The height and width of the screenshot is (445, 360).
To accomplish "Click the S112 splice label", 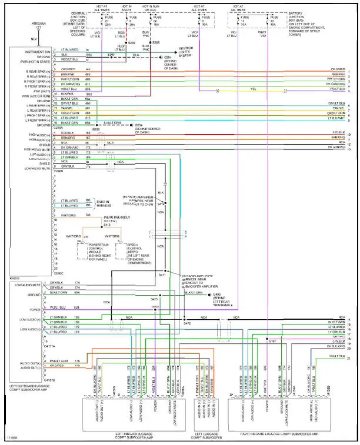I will [x=106, y=225].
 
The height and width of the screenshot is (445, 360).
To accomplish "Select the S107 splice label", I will [x=272, y=340].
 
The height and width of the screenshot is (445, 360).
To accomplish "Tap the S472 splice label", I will [x=187, y=323].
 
